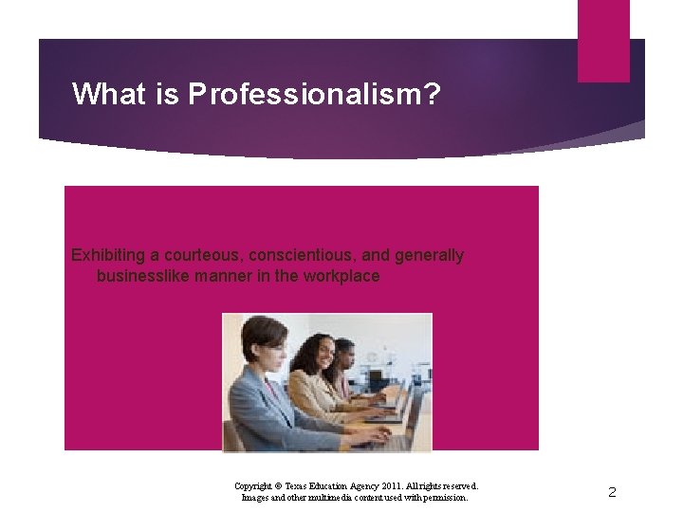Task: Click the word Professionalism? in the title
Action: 314,94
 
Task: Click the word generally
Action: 432,255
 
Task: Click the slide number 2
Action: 612,492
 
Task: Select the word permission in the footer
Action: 445,497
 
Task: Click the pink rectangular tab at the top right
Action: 603,40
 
